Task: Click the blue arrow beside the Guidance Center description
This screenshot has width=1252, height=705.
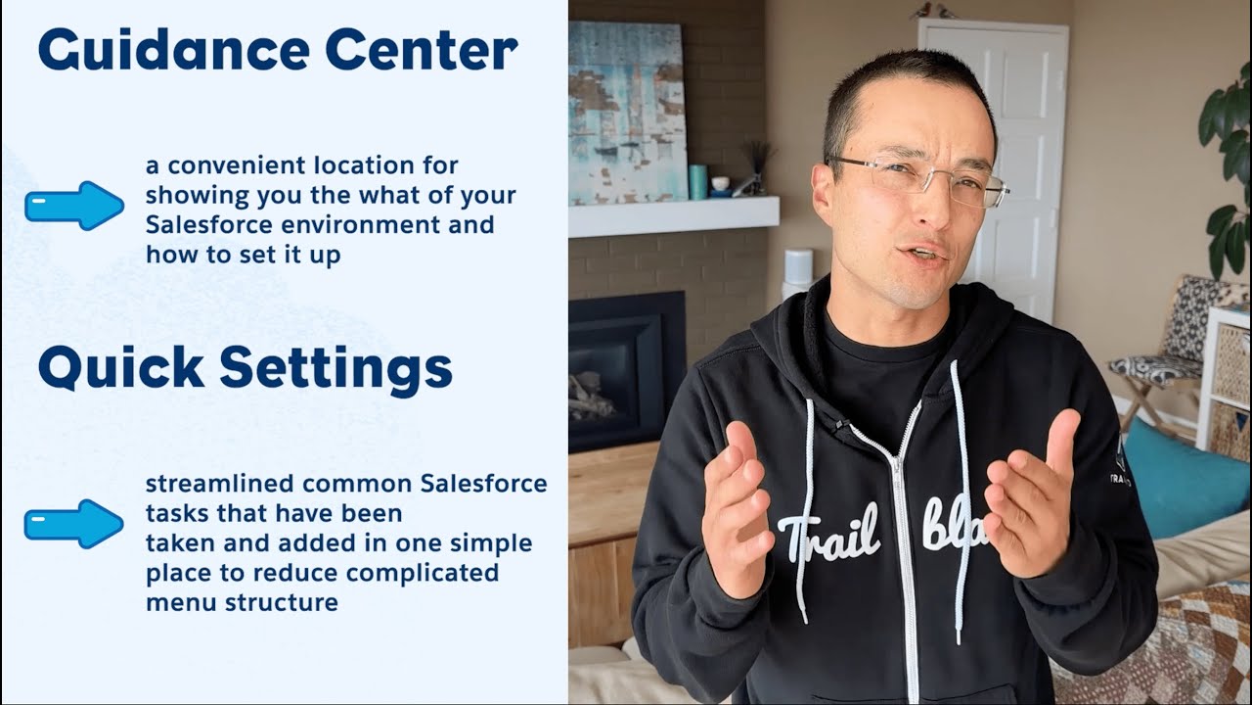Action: (x=74, y=206)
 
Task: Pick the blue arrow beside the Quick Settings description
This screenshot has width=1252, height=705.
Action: (x=74, y=524)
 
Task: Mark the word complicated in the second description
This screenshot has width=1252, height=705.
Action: (x=423, y=573)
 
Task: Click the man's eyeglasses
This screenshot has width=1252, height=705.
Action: (x=915, y=179)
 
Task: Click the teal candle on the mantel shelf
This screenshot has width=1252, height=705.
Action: (x=697, y=181)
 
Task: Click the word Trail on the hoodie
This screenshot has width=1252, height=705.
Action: (x=827, y=536)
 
